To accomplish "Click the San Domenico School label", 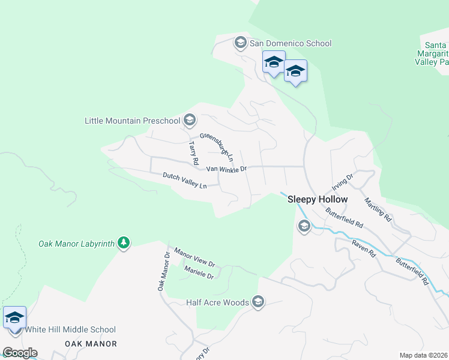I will click(291, 43).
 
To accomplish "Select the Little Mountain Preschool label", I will click(132, 121).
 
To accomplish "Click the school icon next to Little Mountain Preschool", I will click(190, 121).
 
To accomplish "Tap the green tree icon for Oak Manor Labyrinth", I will click(124, 243).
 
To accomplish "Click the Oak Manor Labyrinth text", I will click(76, 244).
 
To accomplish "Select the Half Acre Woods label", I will click(217, 302).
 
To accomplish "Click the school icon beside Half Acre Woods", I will click(259, 302).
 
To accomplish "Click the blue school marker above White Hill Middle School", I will click(14, 318).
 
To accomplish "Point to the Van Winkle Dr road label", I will click(227, 169).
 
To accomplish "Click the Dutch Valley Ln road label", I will click(184, 180).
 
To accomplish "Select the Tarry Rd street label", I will click(193, 154).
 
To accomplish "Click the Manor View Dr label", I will click(194, 257).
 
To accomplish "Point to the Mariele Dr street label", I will click(199, 272).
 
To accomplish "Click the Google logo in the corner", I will click(20, 353).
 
